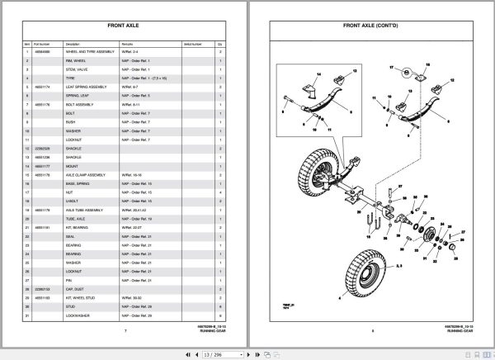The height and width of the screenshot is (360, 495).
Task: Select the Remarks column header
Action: [x=132, y=43]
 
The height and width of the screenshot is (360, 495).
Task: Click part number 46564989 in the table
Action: [x=43, y=52]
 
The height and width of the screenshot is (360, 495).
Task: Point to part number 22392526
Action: [x=43, y=148]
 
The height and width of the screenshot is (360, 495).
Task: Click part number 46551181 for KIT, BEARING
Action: [x=43, y=226]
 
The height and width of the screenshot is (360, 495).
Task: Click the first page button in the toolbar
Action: [x=168, y=353]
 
